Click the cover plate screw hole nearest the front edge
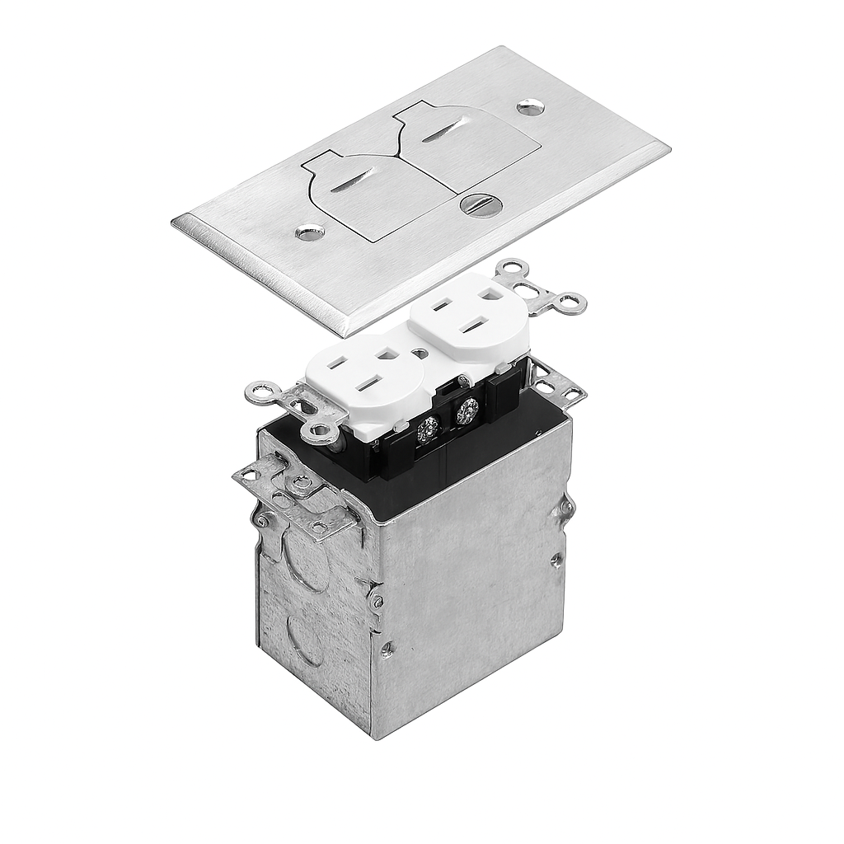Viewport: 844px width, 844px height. pos(309,234)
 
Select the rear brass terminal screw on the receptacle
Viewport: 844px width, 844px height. pos(467,409)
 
